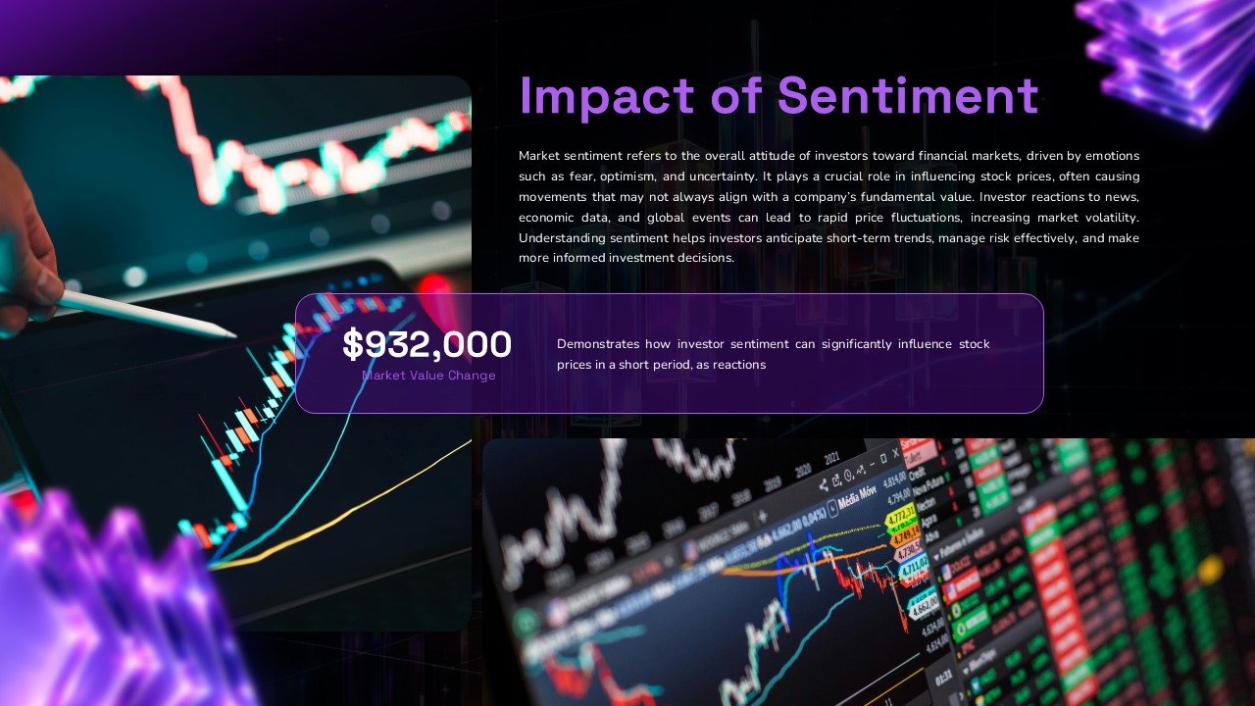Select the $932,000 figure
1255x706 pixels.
(427, 344)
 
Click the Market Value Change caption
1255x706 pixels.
(428, 376)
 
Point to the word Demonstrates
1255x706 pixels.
(598, 344)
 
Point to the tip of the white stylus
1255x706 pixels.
(233, 335)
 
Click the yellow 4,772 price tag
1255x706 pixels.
(899, 516)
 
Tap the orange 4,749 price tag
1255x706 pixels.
(904, 536)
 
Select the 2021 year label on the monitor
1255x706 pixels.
(831, 458)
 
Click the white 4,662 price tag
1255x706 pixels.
(922, 608)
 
